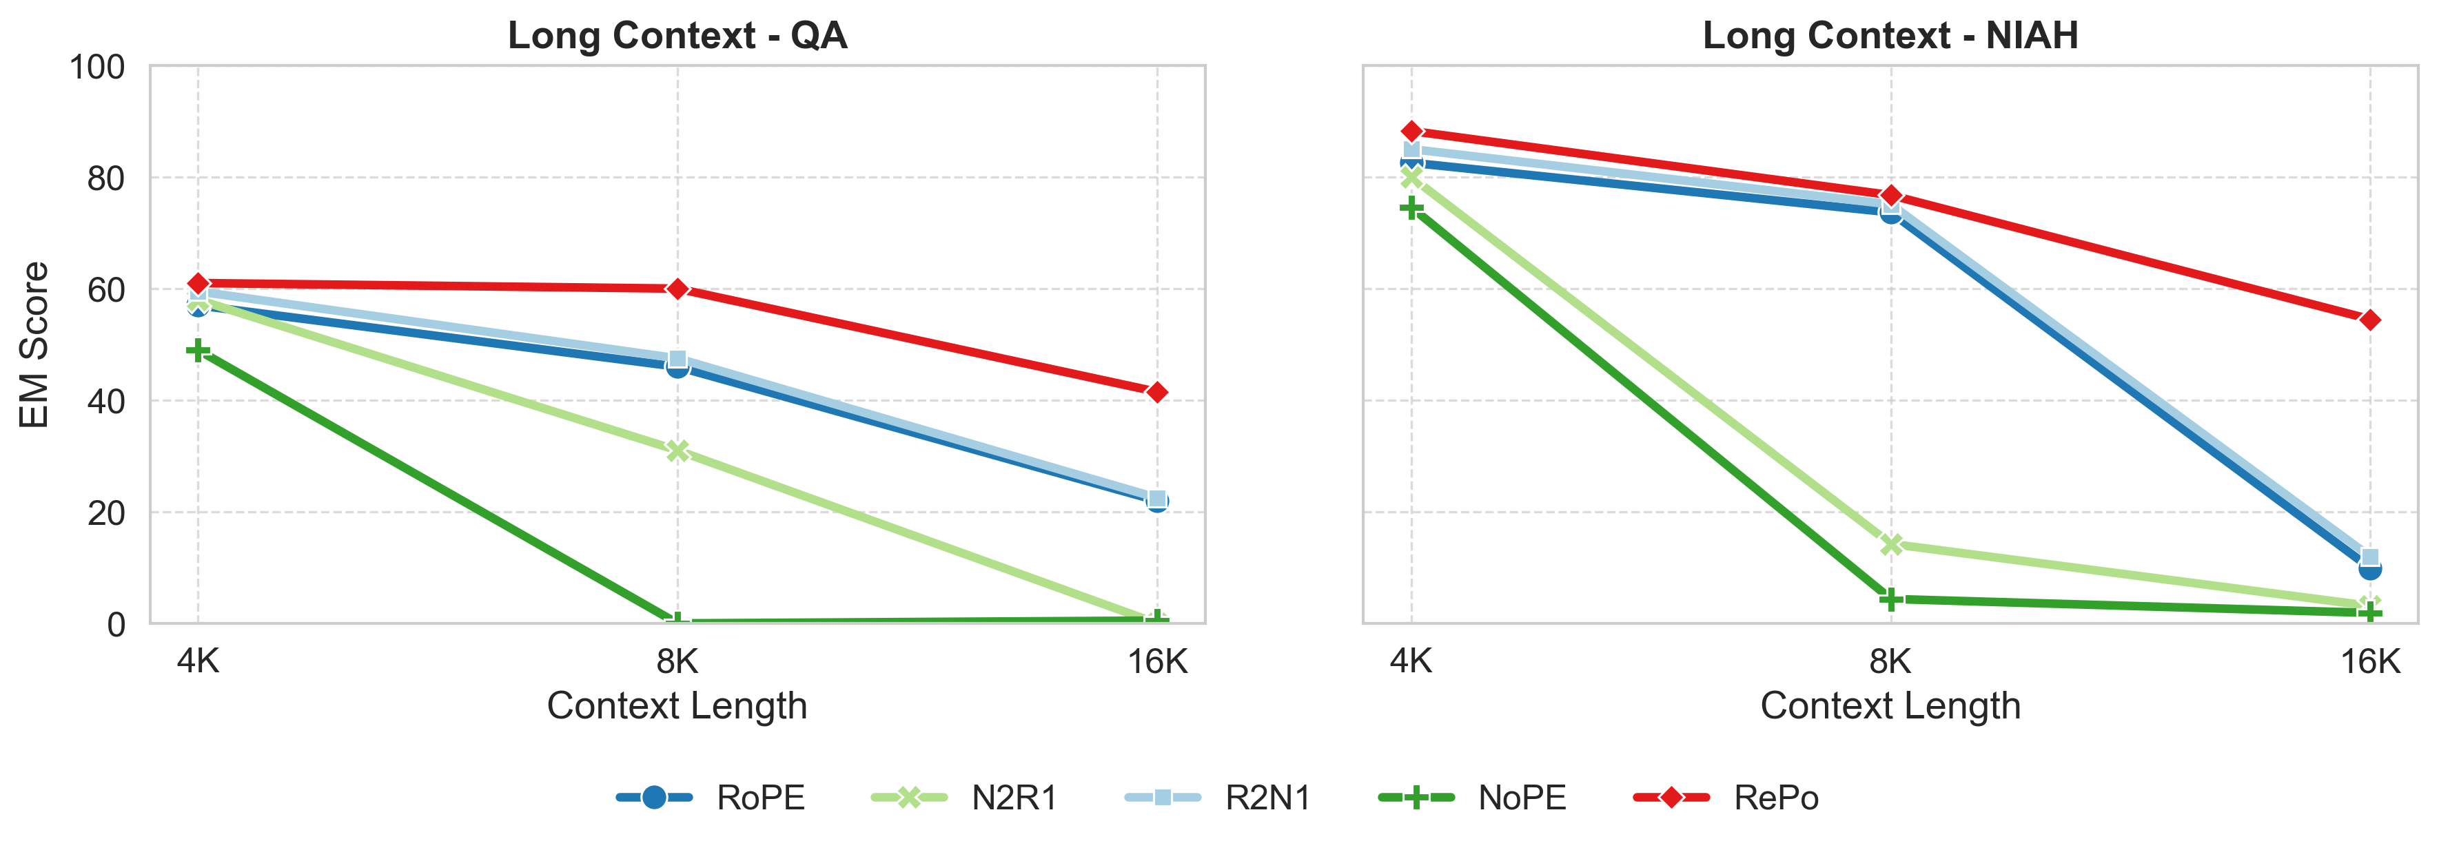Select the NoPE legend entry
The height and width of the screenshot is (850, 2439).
1472,798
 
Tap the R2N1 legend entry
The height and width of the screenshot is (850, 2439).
1218,798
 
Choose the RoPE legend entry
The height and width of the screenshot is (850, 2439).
710,798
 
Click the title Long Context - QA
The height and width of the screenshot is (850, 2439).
677,36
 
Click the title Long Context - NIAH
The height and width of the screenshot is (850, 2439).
1890,36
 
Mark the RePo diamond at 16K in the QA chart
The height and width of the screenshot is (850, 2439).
1156,392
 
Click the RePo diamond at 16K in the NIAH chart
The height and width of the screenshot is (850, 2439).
2370,320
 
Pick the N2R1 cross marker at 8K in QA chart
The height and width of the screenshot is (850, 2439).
677,450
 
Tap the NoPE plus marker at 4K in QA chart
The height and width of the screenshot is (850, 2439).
198,351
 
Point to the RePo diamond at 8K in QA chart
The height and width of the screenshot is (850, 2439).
677,289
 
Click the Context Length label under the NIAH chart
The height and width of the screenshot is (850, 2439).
1890,706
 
